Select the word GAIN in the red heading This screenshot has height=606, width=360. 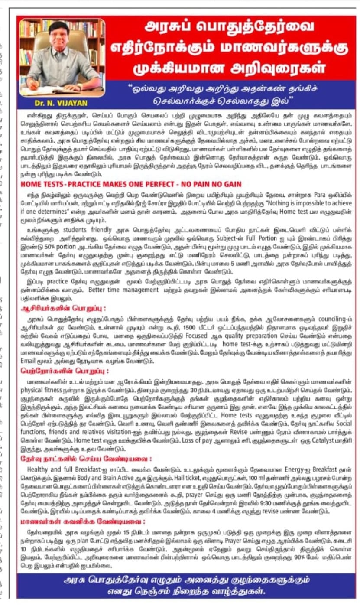tap(230, 184)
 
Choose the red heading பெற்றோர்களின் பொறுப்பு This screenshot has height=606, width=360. tap(64, 371)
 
